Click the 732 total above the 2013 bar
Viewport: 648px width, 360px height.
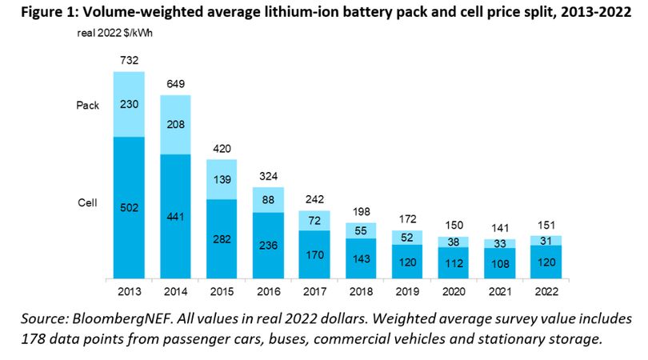coord(129,60)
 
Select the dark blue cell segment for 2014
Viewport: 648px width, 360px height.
coord(176,216)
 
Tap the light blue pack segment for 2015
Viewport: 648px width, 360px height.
coord(222,179)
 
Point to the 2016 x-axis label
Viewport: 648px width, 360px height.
coord(269,291)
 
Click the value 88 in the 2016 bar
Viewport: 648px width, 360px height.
coord(268,200)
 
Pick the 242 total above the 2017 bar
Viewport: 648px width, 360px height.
coord(314,199)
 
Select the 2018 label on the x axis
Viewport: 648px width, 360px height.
coord(361,291)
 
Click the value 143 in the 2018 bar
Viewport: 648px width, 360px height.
coord(361,258)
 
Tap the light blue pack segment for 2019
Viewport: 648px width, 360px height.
coord(407,238)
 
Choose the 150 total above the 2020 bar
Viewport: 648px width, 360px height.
coord(454,226)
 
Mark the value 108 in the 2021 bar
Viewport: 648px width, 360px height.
coord(500,264)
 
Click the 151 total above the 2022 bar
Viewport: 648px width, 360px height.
coord(546,226)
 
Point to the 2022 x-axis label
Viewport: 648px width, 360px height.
coord(546,291)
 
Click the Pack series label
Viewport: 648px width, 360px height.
coord(88,106)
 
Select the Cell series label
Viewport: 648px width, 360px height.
coord(87,202)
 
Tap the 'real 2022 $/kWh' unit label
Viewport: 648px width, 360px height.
coord(114,33)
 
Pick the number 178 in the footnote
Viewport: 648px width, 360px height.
coord(32,339)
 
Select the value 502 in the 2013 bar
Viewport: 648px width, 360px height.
coord(129,207)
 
